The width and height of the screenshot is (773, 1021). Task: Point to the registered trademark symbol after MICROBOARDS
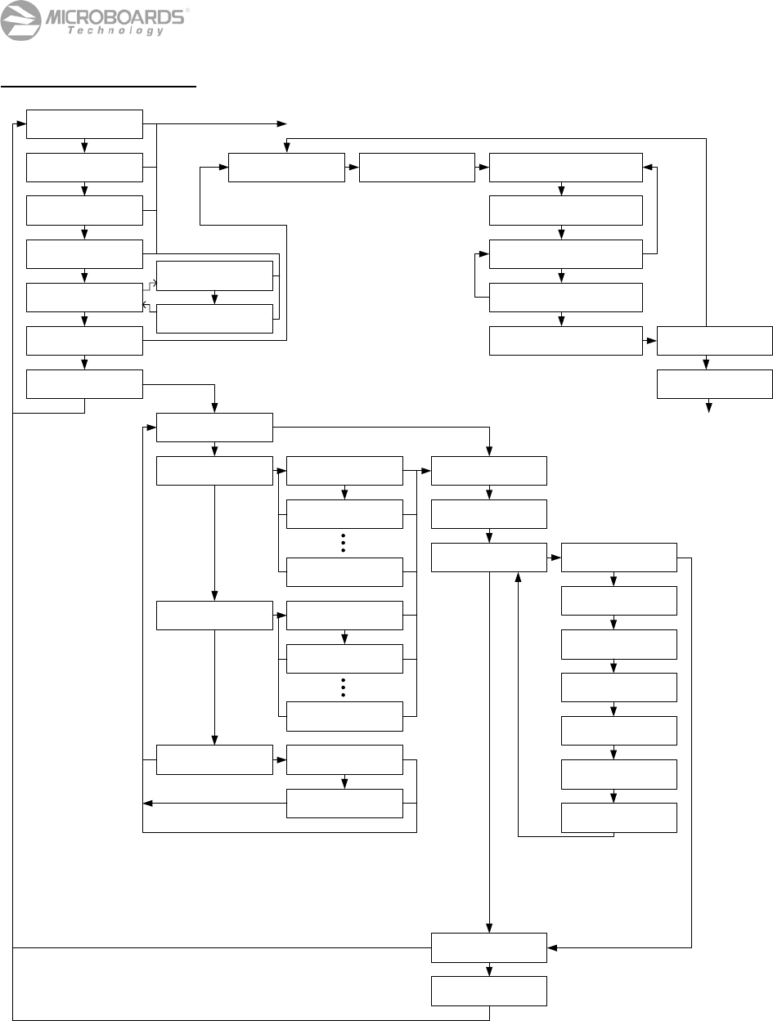(x=187, y=11)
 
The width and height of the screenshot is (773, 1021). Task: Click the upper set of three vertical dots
(x=344, y=543)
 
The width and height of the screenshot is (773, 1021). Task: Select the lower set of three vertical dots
(x=344, y=687)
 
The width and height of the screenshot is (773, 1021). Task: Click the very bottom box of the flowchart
(x=489, y=991)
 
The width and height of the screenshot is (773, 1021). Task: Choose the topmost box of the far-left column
(x=84, y=123)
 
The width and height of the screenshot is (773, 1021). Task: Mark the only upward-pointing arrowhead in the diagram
(x=518, y=575)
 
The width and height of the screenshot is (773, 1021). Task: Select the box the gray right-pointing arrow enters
(x=213, y=276)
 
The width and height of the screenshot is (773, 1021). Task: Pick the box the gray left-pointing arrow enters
(x=84, y=298)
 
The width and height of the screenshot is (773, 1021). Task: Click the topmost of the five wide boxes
(x=565, y=167)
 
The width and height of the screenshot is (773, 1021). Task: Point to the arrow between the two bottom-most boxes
(x=489, y=970)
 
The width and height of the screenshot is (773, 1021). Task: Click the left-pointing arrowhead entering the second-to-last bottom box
(x=552, y=947)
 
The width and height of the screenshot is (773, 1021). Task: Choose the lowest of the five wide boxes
(x=565, y=341)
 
